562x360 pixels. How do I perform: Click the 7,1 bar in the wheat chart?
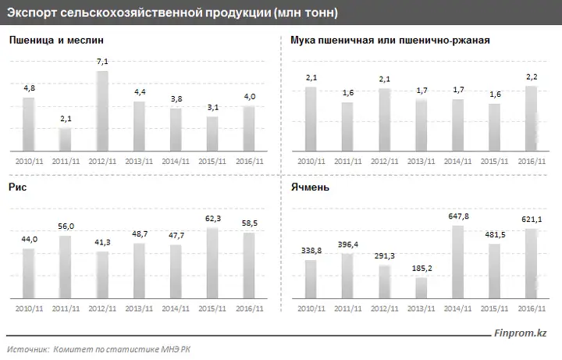tap(102, 111)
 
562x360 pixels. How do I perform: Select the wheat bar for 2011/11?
tap(66, 139)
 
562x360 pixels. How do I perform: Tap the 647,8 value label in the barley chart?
tap(458, 216)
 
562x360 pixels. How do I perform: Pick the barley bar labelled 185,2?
tap(421, 287)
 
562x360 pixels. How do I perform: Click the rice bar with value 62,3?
tap(212, 263)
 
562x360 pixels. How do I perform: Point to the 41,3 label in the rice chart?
tap(102, 242)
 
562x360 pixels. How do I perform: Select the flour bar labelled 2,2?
tap(532, 119)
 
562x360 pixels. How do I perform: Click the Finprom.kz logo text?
tap(521, 333)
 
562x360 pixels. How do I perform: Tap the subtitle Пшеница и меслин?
tap(56, 40)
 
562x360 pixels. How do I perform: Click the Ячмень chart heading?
tap(310, 187)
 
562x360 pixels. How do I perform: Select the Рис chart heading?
tap(17, 187)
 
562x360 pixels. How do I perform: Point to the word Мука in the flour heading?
tap(303, 40)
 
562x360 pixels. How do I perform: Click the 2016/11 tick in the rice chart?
tap(250, 308)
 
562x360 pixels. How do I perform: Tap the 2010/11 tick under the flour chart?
tap(311, 162)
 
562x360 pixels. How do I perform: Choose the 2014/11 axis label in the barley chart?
tap(457, 308)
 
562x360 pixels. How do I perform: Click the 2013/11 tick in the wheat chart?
tap(139, 162)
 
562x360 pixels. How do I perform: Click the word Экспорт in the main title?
tap(31, 13)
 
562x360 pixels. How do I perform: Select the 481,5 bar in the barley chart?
tap(494, 271)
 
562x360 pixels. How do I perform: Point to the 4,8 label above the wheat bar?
tap(30, 87)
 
